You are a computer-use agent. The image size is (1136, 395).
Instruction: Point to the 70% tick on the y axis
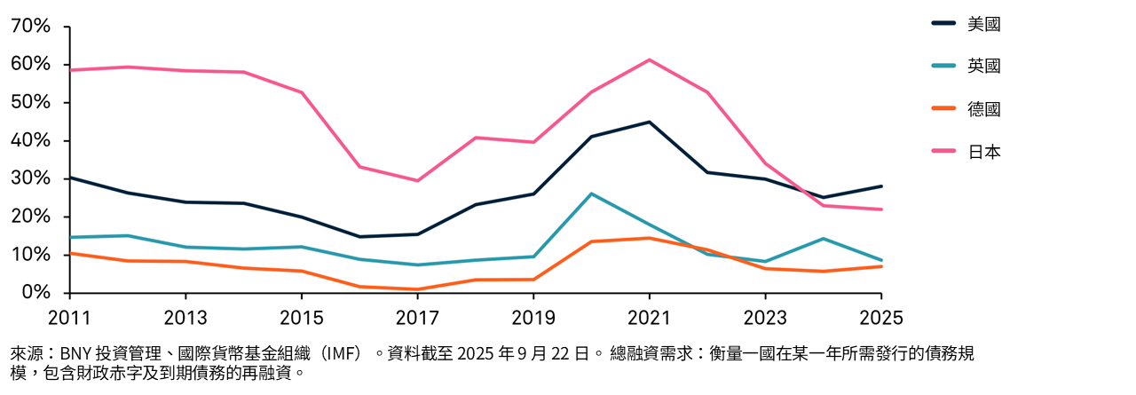[30, 27]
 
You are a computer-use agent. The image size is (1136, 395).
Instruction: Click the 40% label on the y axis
[30, 141]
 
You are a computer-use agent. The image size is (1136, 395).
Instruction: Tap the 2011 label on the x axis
[69, 318]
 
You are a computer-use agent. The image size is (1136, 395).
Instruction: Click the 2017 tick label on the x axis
[417, 318]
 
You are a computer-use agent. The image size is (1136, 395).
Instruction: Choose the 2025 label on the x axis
[880, 318]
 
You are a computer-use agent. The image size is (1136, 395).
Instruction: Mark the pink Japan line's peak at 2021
[649, 59]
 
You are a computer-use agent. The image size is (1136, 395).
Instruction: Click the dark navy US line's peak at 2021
[649, 122]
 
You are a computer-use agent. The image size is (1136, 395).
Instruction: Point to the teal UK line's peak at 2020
[591, 194]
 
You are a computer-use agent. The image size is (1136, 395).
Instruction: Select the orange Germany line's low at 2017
[417, 289]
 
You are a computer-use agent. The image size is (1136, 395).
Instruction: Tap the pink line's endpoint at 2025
[881, 209]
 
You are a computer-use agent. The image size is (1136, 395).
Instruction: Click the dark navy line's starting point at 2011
[70, 178]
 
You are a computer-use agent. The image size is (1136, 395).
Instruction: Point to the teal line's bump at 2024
[824, 239]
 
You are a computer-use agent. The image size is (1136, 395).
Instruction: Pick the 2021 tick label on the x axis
[649, 318]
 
